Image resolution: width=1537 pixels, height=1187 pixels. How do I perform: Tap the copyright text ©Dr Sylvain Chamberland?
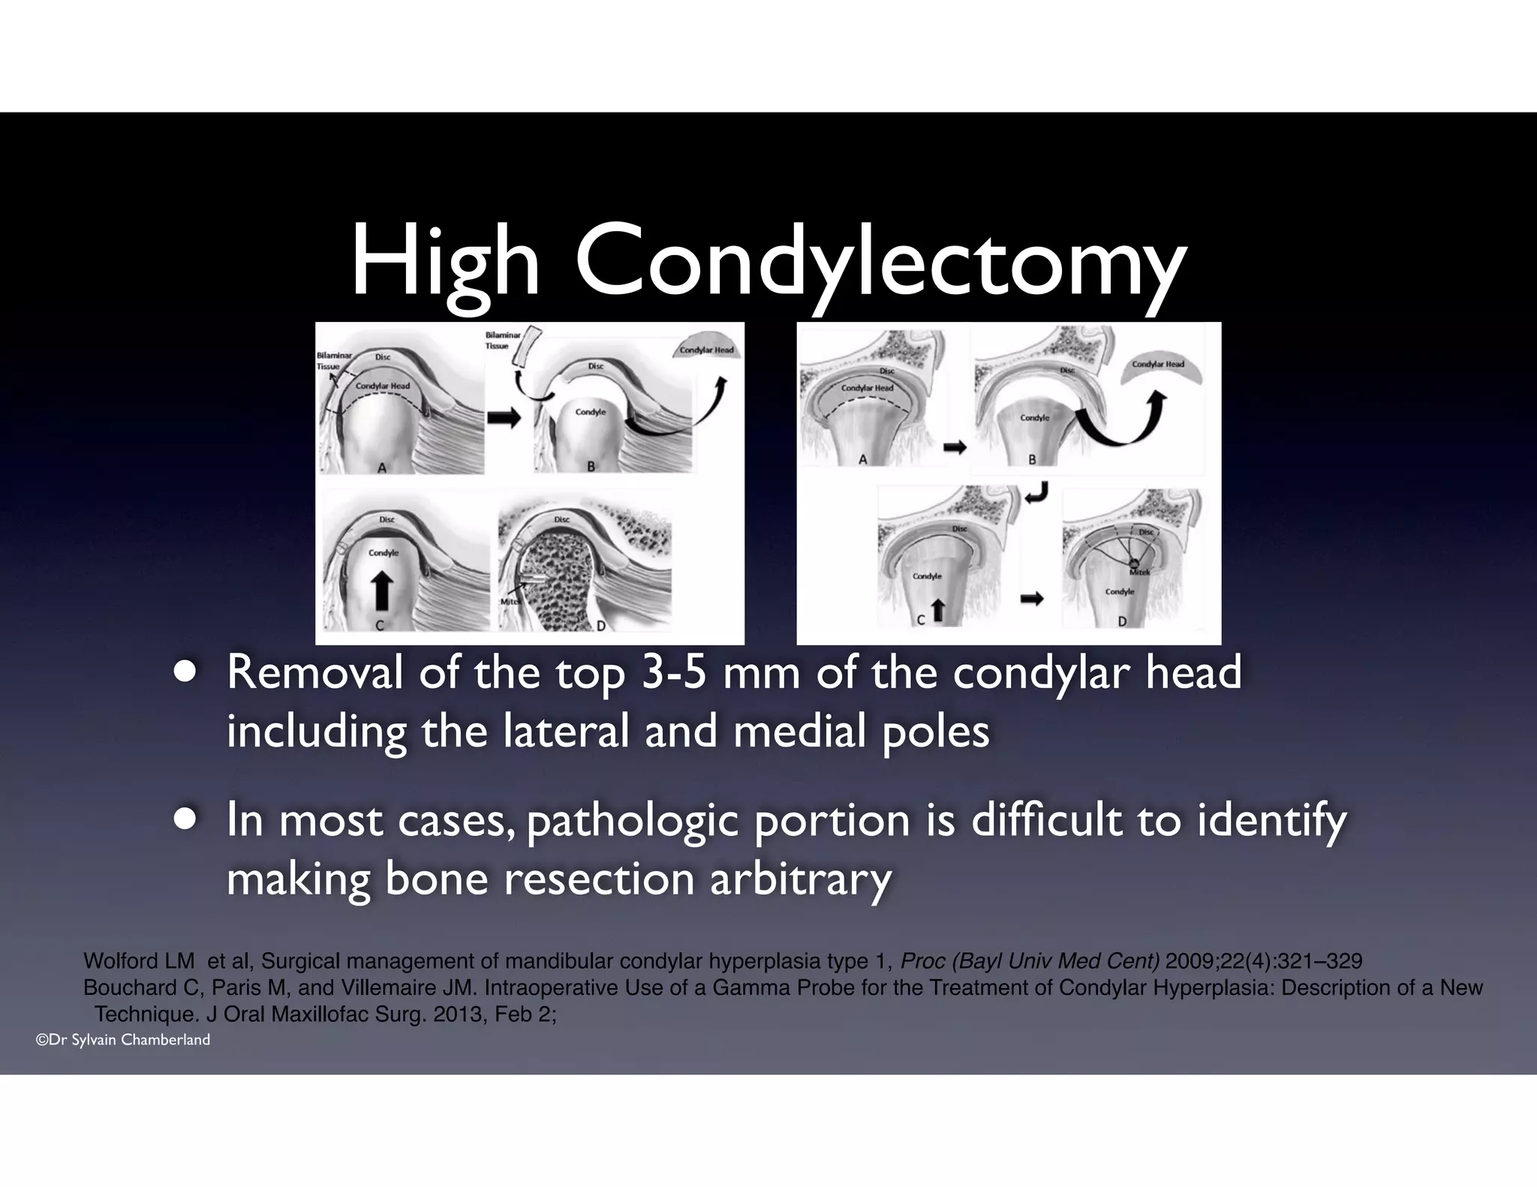(123, 1040)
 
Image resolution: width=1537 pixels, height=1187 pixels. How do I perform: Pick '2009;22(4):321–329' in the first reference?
(1264, 961)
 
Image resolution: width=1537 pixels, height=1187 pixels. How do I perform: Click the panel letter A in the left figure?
(382, 467)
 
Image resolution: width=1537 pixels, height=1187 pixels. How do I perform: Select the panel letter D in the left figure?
(601, 626)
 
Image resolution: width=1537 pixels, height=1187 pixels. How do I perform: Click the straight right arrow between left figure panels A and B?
(504, 417)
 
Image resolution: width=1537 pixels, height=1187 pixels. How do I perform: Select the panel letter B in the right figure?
(1032, 459)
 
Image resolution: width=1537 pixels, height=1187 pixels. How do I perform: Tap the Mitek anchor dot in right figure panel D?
(1134, 564)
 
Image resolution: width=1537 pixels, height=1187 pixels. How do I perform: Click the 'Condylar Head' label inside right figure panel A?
(867, 388)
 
